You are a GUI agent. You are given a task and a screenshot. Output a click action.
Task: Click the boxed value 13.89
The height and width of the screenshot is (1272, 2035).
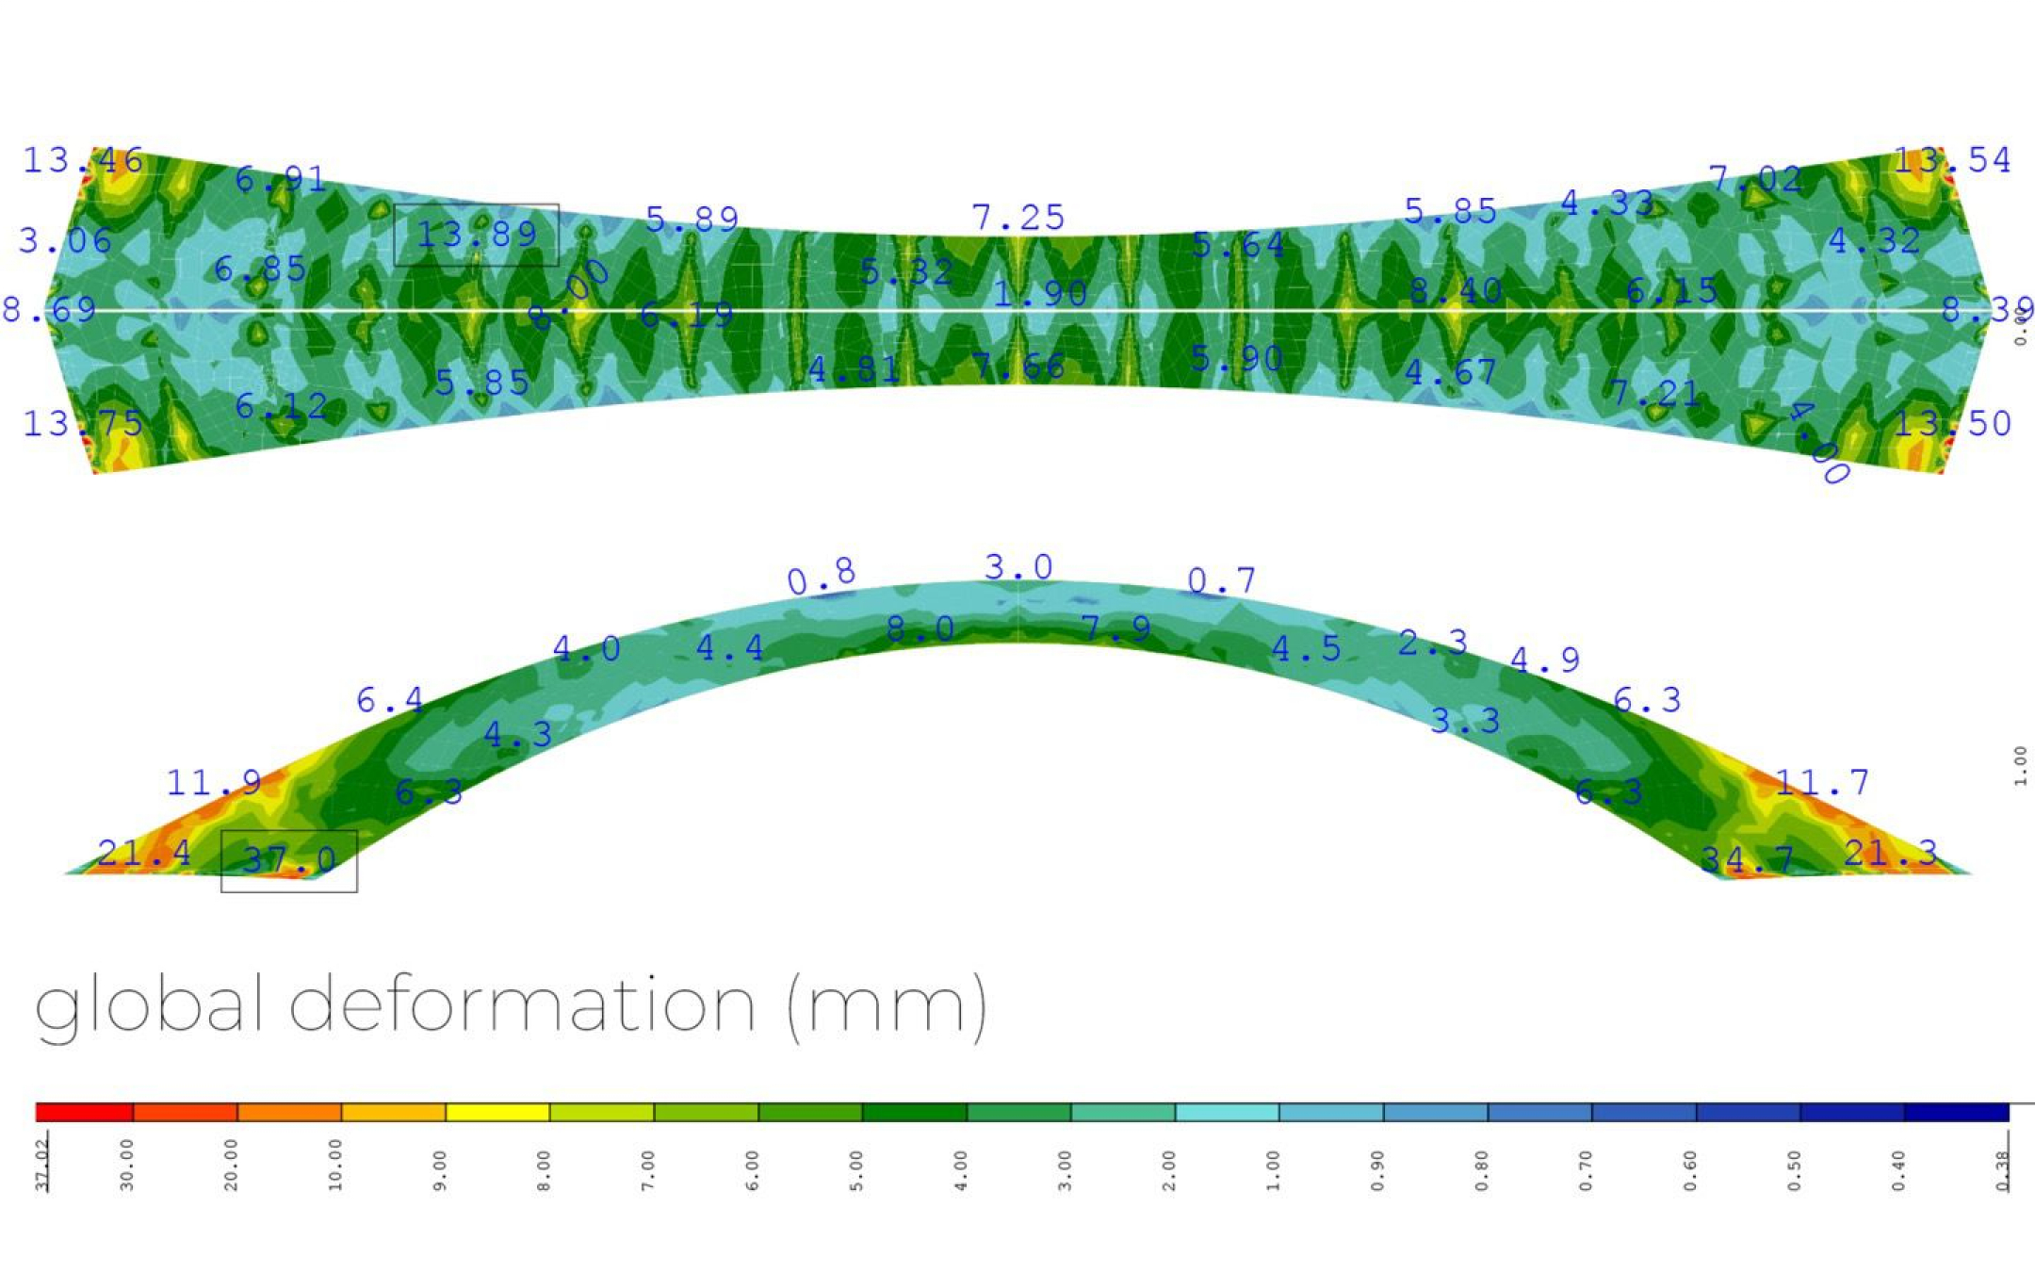coord(477,235)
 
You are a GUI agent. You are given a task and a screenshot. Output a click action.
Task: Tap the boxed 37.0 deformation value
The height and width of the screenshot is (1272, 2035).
coord(289,859)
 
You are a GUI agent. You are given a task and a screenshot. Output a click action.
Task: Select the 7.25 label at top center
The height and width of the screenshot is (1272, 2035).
coord(1018,218)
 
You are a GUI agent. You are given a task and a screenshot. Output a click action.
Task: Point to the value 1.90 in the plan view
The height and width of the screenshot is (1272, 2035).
coord(1040,294)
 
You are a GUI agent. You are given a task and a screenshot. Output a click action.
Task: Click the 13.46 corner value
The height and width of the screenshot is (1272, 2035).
coord(83,161)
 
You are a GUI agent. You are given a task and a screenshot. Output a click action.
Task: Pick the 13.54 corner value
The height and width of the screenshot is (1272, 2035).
coord(1952,160)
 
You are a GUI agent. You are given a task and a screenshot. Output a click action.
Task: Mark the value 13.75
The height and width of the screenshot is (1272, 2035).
coord(83,424)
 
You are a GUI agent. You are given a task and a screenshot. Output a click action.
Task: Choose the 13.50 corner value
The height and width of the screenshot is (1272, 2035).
coord(1952,424)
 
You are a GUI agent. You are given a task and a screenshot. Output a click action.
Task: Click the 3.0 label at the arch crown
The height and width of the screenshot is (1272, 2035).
coord(1018,567)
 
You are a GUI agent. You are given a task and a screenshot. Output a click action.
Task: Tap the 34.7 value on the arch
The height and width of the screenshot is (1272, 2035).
coord(1747,859)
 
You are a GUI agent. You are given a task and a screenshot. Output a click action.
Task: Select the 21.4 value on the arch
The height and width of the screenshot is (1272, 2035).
coord(144,854)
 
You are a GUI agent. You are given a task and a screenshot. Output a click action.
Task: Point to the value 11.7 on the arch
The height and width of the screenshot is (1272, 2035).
coord(1822,782)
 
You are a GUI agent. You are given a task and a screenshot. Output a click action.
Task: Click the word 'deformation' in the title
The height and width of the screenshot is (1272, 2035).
coord(522,1004)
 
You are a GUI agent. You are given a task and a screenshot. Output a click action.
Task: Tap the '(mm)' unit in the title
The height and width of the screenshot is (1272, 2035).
coord(887,1006)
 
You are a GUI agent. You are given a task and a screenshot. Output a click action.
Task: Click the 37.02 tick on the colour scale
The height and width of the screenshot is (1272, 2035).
coord(42,1168)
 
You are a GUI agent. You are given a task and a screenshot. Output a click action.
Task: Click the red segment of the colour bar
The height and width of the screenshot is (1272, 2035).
coord(85,1113)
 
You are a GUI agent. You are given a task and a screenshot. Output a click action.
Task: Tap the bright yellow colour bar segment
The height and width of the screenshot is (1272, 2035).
coord(497,1113)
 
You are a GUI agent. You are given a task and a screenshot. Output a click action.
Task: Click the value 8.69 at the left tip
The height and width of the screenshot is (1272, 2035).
coord(49,309)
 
